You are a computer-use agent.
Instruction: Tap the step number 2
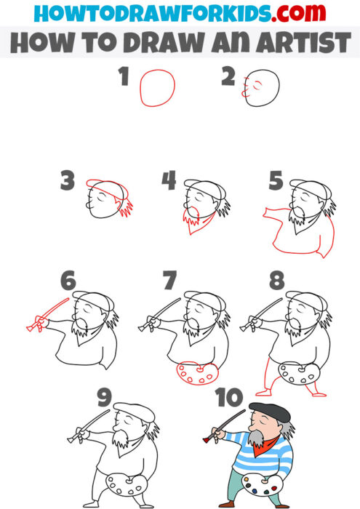point(229,77)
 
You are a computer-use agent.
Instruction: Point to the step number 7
point(169,281)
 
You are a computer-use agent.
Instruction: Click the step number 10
point(228,398)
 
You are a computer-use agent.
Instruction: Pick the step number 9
point(103,398)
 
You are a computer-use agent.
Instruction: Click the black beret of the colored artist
point(270,412)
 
